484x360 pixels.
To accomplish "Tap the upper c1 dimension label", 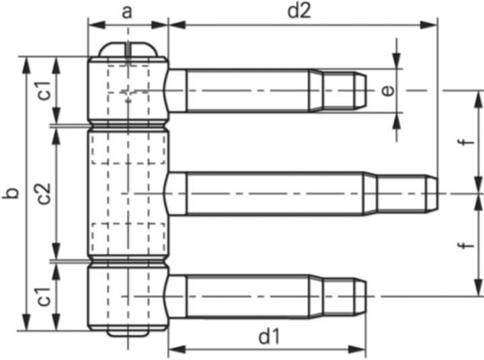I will [x=43, y=90].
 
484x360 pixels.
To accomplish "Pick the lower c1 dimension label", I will [x=43, y=296].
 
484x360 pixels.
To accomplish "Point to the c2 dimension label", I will [x=43, y=194].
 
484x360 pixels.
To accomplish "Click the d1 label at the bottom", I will [x=269, y=336].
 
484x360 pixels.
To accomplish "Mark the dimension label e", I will [x=387, y=90].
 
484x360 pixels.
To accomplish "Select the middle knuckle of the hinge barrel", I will [x=128, y=194].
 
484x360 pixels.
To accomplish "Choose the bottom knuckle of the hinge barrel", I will [x=128, y=296].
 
